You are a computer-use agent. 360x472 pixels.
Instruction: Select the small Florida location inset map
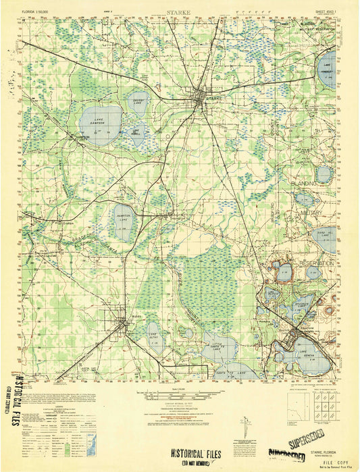92,444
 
